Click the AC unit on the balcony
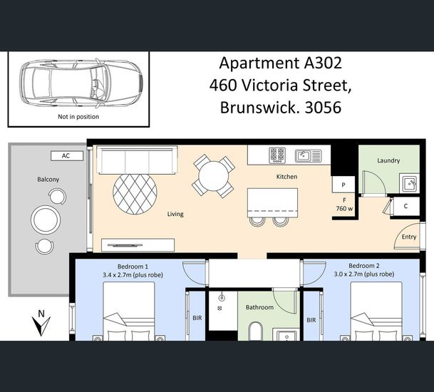(67, 156)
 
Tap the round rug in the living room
(135, 194)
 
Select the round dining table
(213, 176)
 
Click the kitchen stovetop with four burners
(277, 155)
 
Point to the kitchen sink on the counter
(308, 156)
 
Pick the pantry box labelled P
(343, 185)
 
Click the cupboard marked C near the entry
(405, 206)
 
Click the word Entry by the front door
(409, 237)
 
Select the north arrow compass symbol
(41, 323)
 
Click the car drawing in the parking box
(81, 83)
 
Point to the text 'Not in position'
(78, 117)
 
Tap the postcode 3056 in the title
(323, 108)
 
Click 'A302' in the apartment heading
(323, 63)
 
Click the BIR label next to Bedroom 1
(197, 318)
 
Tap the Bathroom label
(259, 307)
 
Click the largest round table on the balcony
(46, 220)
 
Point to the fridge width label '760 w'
(344, 208)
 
